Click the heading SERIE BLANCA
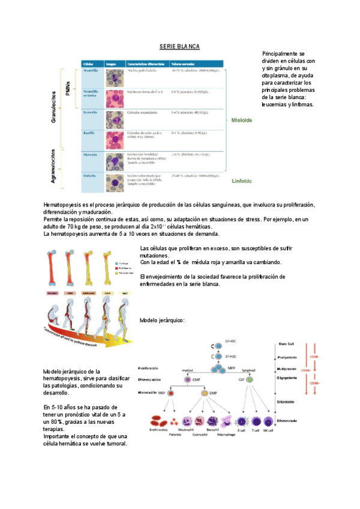[x=180, y=46]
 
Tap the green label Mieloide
[x=242, y=120]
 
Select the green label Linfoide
[x=241, y=180]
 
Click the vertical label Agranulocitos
[x=55, y=165]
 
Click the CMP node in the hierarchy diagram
[x=196, y=380]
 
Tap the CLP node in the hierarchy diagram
[x=249, y=380]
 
